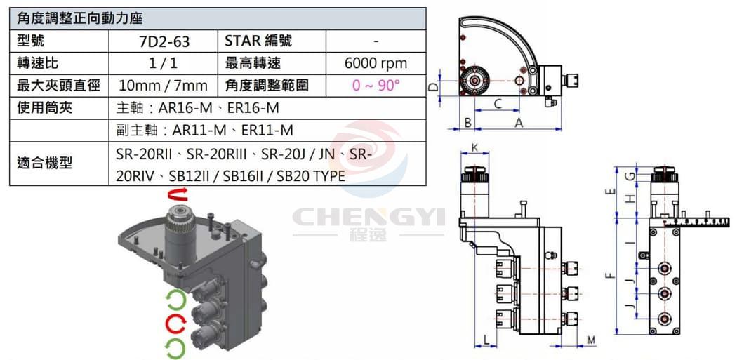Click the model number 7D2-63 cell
tap(164, 41)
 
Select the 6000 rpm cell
tap(376, 63)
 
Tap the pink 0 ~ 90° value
tap(376, 86)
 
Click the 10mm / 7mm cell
tap(164, 86)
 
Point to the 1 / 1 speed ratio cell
tap(164, 63)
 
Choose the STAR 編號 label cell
tap(272, 41)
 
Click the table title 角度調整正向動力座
tap(80, 19)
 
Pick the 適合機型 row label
tap(45, 164)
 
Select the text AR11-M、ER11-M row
tap(204, 131)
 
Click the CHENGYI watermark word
tap(368, 218)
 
